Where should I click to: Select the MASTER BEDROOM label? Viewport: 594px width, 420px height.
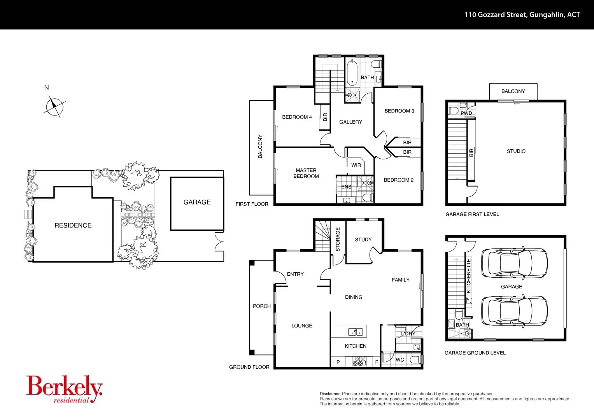tap(306, 173)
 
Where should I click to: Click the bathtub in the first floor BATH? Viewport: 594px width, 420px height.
tap(352, 72)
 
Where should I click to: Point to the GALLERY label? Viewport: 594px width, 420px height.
tap(350, 122)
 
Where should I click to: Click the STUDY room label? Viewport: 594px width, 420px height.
tap(363, 240)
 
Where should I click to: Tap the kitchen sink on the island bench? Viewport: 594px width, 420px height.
tap(355, 332)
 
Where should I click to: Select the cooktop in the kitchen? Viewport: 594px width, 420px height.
tap(359, 362)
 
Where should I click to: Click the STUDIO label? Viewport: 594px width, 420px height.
tap(516, 151)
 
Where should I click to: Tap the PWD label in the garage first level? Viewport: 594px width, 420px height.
tap(466, 114)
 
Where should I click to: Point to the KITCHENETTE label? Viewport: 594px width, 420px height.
tap(469, 275)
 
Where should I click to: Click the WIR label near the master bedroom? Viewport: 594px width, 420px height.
tap(356, 165)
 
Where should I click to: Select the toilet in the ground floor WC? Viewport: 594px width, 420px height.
tap(415, 360)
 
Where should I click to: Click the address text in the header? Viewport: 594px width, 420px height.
tap(522, 15)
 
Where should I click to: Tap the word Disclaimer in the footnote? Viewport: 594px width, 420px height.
tap(330, 394)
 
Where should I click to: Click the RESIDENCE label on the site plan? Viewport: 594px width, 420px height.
tap(73, 226)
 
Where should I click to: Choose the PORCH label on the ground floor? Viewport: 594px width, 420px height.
tap(261, 306)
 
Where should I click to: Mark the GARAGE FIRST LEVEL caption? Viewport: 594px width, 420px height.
tap(472, 214)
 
